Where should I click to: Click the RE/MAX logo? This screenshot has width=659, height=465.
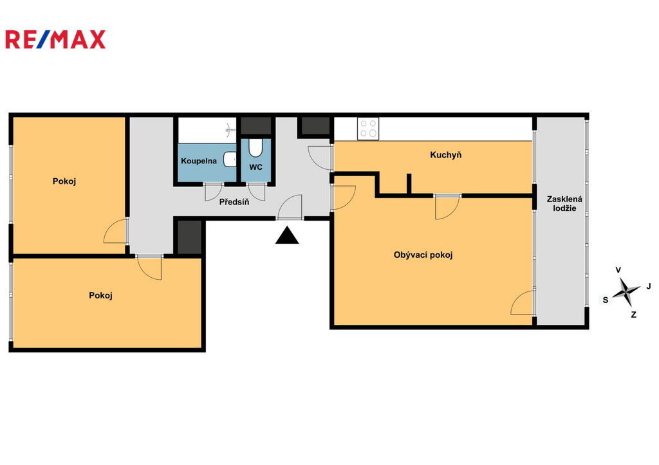point(55,39)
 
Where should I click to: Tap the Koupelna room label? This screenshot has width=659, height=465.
point(199,161)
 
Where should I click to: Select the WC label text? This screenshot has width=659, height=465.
point(255,167)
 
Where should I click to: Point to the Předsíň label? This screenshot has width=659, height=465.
point(234,202)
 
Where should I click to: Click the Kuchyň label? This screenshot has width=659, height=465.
point(445,155)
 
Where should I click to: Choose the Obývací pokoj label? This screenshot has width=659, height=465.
point(423,255)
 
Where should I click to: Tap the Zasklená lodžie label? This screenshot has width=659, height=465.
point(564,204)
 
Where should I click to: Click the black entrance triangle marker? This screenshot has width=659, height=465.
point(287,235)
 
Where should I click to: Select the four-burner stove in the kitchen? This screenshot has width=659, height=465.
point(368,129)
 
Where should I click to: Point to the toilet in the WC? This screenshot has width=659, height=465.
point(255,147)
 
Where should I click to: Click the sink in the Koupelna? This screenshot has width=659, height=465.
point(230,160)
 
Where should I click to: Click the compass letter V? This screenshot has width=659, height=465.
point(618,270)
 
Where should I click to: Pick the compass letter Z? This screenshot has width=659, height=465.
point(633,315)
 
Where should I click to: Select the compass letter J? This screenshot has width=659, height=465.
point(649,286)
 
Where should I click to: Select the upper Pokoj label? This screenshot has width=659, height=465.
point(64,181)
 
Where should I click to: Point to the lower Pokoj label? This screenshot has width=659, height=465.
point(101,296)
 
